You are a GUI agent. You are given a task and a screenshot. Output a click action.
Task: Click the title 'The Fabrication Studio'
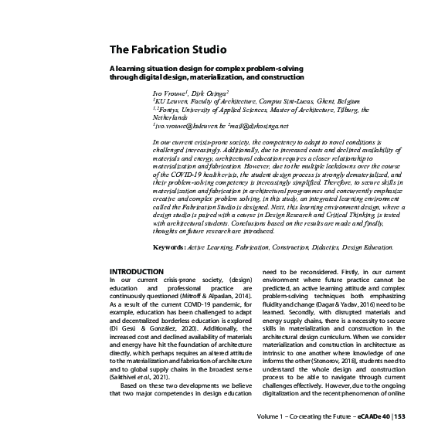point(168,51)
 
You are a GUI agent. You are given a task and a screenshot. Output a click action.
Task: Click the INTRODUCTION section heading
point(137,272)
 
